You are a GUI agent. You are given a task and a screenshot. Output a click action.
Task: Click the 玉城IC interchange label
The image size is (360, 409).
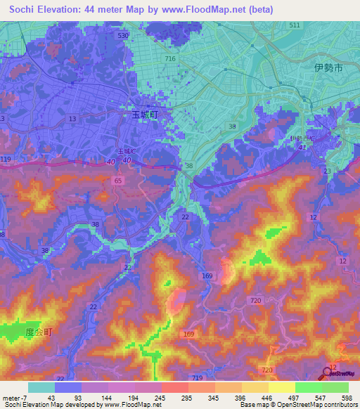(x=127, y=151)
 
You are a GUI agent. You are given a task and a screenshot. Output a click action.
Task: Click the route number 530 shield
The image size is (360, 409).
(x=123, y=35)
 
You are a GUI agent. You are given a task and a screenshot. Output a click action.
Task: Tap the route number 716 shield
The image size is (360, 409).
(x=169, y=58)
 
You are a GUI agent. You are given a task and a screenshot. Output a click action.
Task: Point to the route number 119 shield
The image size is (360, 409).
(x=6, y=160)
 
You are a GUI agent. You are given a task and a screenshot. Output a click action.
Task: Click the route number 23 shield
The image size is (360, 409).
(x=327, y=171)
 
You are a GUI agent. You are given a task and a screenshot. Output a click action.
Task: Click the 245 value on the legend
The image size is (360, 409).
(x=161, y=398)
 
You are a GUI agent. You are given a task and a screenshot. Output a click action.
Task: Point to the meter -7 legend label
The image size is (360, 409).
(x=14, y=398)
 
